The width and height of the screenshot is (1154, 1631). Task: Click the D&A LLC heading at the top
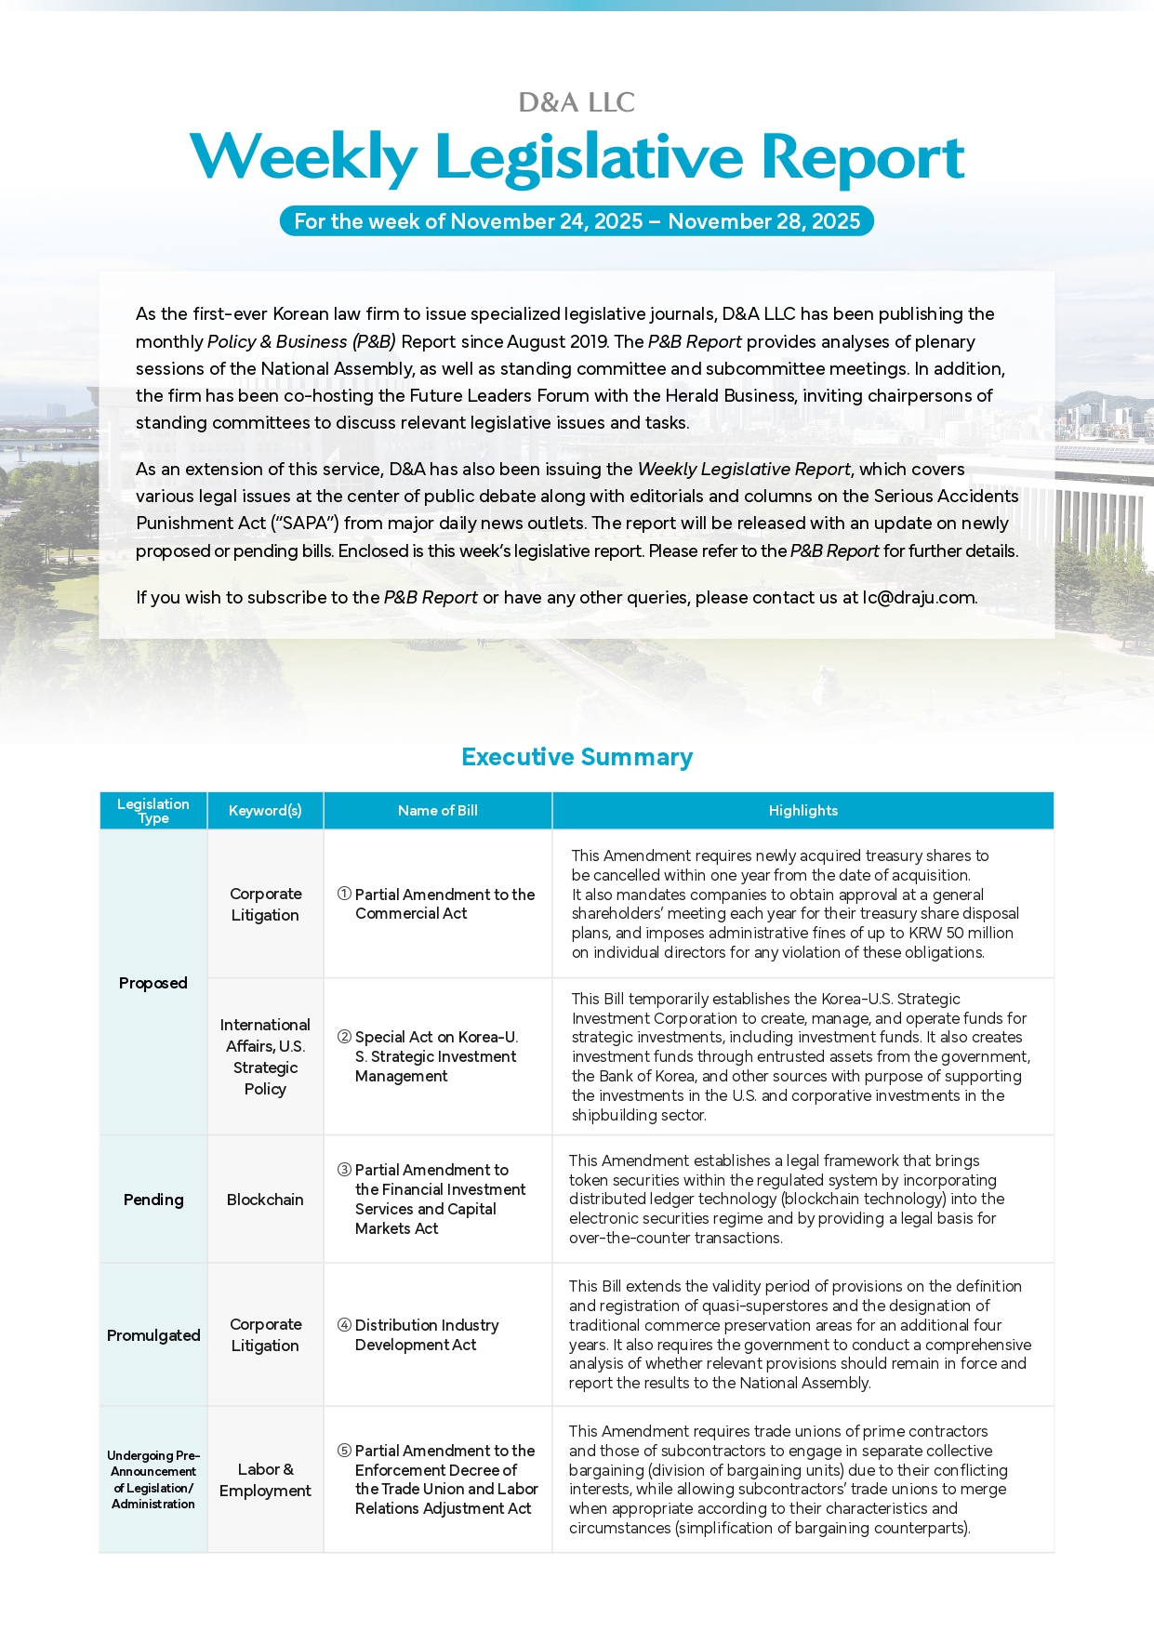coord(577,102)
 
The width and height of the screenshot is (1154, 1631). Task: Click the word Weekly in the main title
coord(304,157)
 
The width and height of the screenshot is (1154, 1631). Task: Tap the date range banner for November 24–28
coord(577,221)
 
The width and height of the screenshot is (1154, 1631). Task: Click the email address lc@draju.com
coord(919,597)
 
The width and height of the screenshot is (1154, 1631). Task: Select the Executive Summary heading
coord(577,757)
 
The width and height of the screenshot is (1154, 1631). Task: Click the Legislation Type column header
coord(153,810)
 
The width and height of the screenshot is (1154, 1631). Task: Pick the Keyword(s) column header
coord(265,810)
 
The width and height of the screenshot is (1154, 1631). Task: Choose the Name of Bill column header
coord(437,810)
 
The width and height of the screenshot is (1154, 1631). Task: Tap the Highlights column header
coord(802,810)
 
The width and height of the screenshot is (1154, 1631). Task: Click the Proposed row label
coord(153,983)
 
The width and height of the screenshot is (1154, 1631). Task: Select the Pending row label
coord(153,1200)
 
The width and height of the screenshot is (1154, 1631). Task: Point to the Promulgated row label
coord(153,1335)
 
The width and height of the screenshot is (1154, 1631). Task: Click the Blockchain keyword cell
coord(265,1200)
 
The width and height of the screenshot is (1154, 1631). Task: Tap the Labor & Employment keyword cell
coord(265,1479)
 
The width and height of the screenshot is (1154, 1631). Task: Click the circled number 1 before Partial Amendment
coord(344,894)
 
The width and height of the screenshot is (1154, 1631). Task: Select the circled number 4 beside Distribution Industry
coord(344,1325)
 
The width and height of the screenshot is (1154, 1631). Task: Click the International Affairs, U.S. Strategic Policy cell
coord(265,1056)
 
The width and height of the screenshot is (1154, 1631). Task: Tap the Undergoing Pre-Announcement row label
coord(153,1479)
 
